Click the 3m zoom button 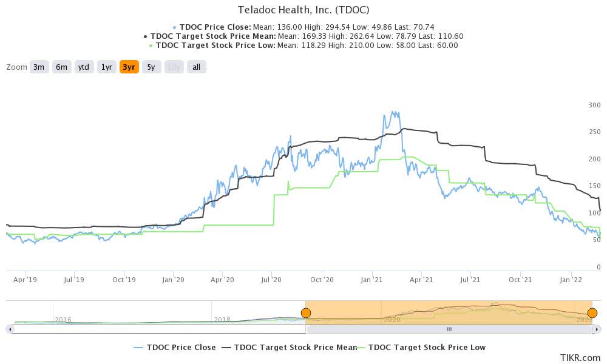coord(39,67)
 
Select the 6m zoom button coord(61,67)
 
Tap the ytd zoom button coord(84,67)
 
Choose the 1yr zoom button coord(107,67)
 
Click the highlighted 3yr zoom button coord(129,67)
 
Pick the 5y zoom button coord(151,67)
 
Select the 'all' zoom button coord(196,67)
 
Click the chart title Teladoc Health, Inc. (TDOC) coord(304,10)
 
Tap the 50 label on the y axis coord(597,240)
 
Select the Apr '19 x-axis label coord(25,280)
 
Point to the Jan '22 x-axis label coord(571,280)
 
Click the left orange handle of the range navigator coord(306,313)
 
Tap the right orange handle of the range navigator coord(592,313)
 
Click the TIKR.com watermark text coord(582,358)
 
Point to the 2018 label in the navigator coord(222,319)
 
